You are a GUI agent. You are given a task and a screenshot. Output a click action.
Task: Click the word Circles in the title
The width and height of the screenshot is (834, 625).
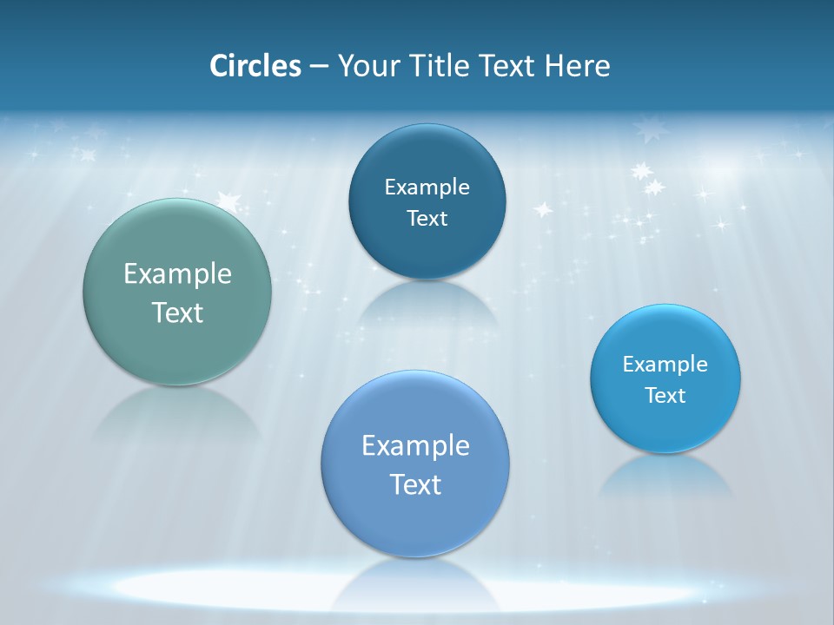pyautogui.click(x=255, y=66)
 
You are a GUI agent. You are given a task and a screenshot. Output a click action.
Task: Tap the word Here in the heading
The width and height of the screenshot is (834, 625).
pyautogui.click(x=578, y=66)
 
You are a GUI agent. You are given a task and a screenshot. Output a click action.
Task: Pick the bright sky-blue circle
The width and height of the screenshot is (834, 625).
pyautogui.click(x=665, y=425)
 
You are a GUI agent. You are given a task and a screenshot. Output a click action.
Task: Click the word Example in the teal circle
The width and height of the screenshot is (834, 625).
pyautogui.click(x=177, y=274)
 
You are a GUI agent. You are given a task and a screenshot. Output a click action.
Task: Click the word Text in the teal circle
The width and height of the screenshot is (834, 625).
pyautogui.click(x=177, y=312)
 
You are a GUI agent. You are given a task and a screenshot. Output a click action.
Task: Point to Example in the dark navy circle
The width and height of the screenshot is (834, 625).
pyautogui.click(x=427, y=187)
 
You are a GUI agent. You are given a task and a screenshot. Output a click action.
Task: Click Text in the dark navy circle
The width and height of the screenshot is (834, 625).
pyautogui.click(x=427, y=218)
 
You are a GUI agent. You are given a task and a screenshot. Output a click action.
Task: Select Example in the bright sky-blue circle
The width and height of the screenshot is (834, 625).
pyautogui.click(x=665, y=364)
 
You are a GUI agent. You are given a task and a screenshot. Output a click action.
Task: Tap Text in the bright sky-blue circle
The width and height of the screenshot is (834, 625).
pyautogui.click(x=665, y=396)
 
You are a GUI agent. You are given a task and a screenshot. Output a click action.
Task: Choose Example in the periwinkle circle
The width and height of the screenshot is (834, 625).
pyautogui.click(x=415, y=445)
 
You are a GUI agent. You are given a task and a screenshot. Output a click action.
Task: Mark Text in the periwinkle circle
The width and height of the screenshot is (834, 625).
pyautogui.click(x=415, y=484)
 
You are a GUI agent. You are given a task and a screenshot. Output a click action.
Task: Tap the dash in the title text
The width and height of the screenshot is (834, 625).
pyautogui.click(x=318, y=67)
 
